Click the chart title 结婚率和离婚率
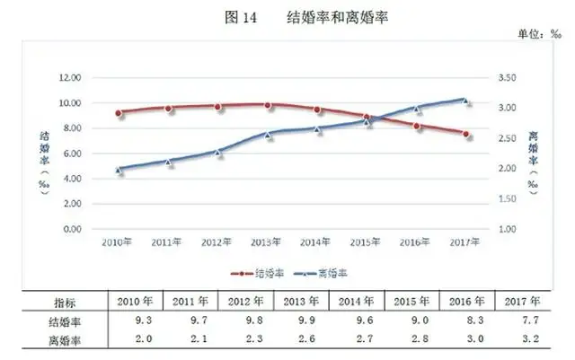338,17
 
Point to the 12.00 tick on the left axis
69,77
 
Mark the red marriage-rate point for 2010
119,113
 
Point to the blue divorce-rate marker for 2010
119,169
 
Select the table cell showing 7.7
521,320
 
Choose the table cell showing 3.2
521,338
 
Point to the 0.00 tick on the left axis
71,230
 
